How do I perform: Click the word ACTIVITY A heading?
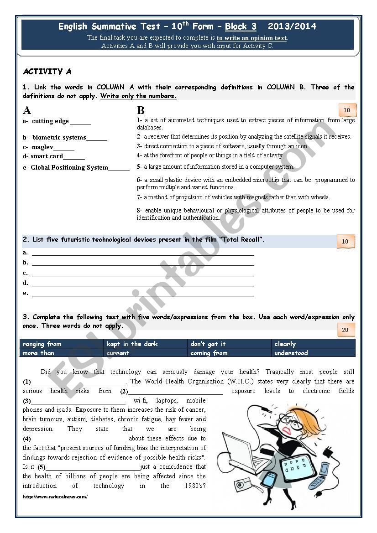[x=47, y=72]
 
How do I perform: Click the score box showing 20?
[x=346, y=330]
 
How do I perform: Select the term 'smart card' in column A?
[x=47, y=156]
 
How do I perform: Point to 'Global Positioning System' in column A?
[x=69, y=167]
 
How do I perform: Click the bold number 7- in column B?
[x=139, y=197]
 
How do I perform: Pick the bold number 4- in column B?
[x=139, y=155]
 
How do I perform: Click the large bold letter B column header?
[x=141, y=110]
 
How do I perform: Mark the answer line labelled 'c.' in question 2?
[x=142, y=273]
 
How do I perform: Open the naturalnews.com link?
[x=55, y=497]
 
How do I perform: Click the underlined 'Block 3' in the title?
[x=241, y=26]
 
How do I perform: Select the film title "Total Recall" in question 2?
[x=241, y=239]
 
